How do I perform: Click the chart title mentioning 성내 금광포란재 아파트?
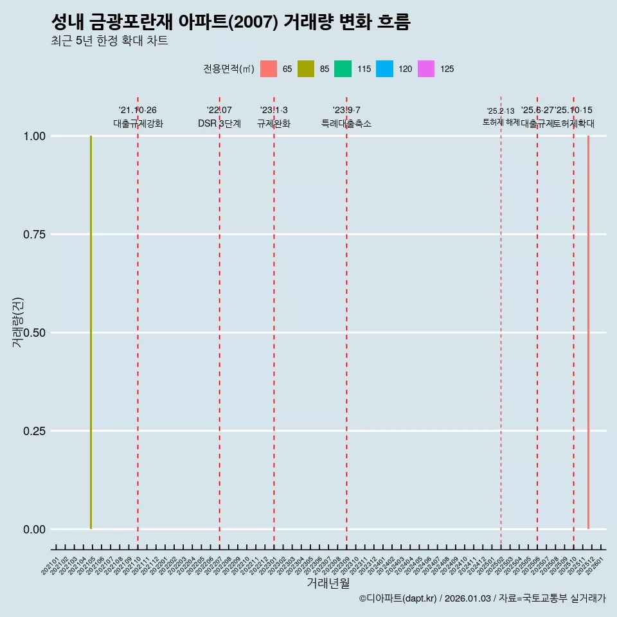230,22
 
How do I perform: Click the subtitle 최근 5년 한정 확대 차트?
109,41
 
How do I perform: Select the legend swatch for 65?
269,69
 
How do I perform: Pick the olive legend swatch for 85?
306,69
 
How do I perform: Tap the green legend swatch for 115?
343,69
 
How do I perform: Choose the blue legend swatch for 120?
384,69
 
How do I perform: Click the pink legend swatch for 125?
426,69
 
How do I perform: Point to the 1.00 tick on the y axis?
34,136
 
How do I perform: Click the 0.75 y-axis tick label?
34,235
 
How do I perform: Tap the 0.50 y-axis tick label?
34,333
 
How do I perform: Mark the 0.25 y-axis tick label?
34,431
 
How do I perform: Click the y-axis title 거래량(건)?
18,322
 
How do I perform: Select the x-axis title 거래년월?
328,583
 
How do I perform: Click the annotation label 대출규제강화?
138,123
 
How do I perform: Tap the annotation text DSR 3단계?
219,123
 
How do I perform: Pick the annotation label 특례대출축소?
346,123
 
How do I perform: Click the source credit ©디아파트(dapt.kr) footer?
482,599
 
